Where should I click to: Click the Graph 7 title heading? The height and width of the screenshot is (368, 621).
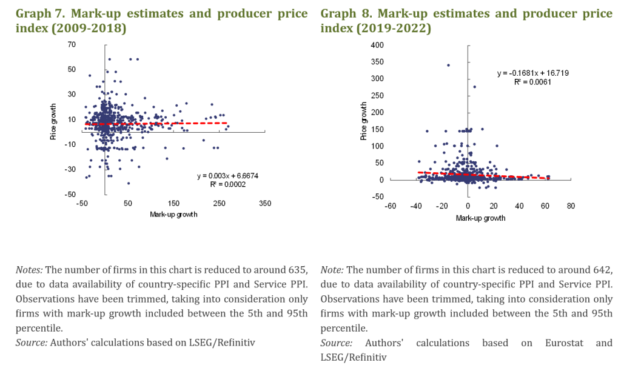(163, 21)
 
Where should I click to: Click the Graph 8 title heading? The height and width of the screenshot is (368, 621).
(466, 21)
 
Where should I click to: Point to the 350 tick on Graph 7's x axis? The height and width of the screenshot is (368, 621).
(265, 203)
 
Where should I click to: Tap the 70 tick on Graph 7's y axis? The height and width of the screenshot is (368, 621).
(72, 44)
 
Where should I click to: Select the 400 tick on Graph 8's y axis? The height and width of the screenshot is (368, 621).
(377, 45)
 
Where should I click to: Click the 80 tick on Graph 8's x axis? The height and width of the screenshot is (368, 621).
(571, 206)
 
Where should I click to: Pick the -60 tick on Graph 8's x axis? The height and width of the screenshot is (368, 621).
(391, 206)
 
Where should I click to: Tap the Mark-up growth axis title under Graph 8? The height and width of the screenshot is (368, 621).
(480, 218)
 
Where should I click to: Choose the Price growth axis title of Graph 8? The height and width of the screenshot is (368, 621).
(364, 121)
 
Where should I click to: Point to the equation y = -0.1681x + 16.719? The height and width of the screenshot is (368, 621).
(532, 73)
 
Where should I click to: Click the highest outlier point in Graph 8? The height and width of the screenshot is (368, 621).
(448, 65)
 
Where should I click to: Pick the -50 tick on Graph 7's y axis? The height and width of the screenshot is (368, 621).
(71, 194)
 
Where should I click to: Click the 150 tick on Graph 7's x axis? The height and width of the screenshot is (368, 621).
(174, 203)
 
